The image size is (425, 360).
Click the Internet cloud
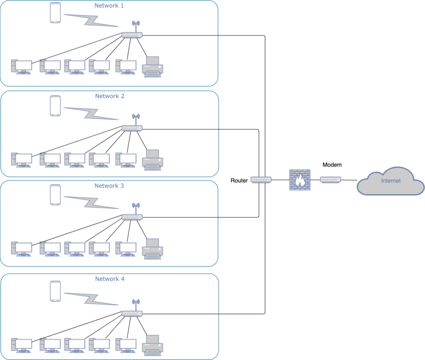(391, 181)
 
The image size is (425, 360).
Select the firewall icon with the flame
(299, 181)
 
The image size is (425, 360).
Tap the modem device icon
(331, 180)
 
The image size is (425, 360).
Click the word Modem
(332, 165)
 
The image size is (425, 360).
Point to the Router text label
(239, 181)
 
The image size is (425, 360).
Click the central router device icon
(261, 180)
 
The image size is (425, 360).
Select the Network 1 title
(110, 6)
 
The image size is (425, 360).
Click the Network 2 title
(110, 96)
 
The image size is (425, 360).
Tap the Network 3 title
(110, 186)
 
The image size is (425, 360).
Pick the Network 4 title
(110, 279)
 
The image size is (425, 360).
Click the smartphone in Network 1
(55, 13)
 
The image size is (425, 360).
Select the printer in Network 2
(152, 160)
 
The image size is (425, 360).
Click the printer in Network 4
(152, 344)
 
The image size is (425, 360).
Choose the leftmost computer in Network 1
(22, 67)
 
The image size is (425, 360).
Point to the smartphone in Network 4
(55, 291)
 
